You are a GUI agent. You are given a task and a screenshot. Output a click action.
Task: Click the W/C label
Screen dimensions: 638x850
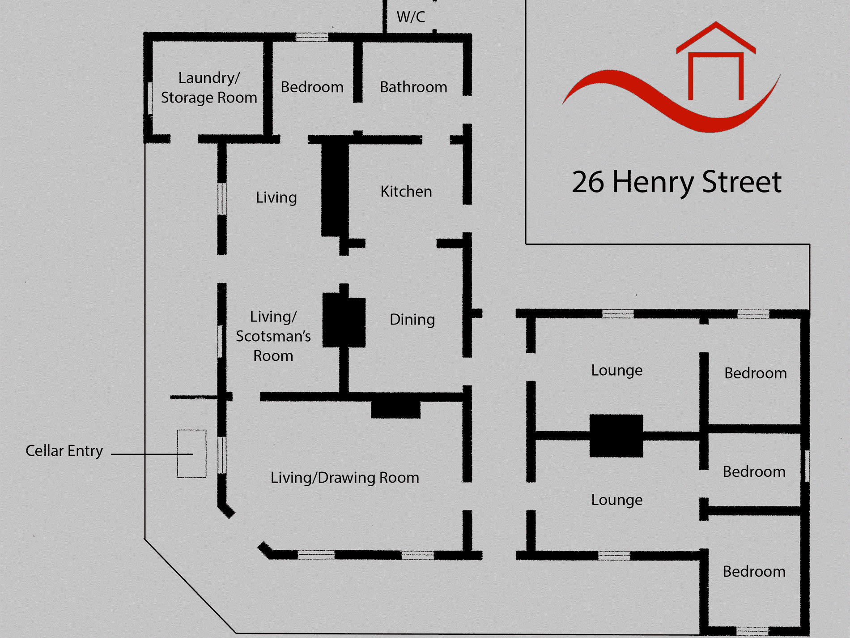click(x=411, y=17)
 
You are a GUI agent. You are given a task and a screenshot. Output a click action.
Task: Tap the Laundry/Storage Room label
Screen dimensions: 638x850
click(x=209, y=88)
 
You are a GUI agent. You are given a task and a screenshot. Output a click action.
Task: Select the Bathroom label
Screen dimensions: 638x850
click(x=413, y=87)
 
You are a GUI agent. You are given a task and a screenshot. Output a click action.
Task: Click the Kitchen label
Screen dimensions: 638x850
click(x=406, y=192)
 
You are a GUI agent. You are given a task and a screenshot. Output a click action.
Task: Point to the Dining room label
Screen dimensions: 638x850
click(x=412, y=320)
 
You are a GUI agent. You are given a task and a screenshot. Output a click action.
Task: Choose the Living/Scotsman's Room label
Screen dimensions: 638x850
click(x=273, y=336)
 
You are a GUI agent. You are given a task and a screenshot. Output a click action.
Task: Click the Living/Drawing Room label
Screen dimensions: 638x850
click(x=344, y=478)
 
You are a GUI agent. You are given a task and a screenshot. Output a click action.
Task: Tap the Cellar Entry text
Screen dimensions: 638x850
click(x=64, y=451)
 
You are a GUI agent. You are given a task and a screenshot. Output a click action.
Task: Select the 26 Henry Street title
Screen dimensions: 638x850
click(x=676, y=182)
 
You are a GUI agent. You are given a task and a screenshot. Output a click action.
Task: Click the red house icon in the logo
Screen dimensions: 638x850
click(x=716, y=60)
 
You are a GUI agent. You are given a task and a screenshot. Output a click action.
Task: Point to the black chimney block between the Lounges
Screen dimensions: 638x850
click(x=616, y=436)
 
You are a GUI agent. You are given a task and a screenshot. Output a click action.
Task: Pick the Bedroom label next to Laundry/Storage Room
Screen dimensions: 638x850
click(x=312, y=87)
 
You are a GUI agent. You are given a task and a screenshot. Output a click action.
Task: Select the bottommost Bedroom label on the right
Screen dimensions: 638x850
click(x=754, y=572)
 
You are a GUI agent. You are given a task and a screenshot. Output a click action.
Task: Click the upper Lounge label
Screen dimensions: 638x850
click(x=616, y=371)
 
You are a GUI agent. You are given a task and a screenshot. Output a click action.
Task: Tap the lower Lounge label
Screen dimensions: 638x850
click(x=616, y=500)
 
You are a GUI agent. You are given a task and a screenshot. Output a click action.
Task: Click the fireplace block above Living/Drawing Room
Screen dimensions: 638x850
click(x=395, y=410)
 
